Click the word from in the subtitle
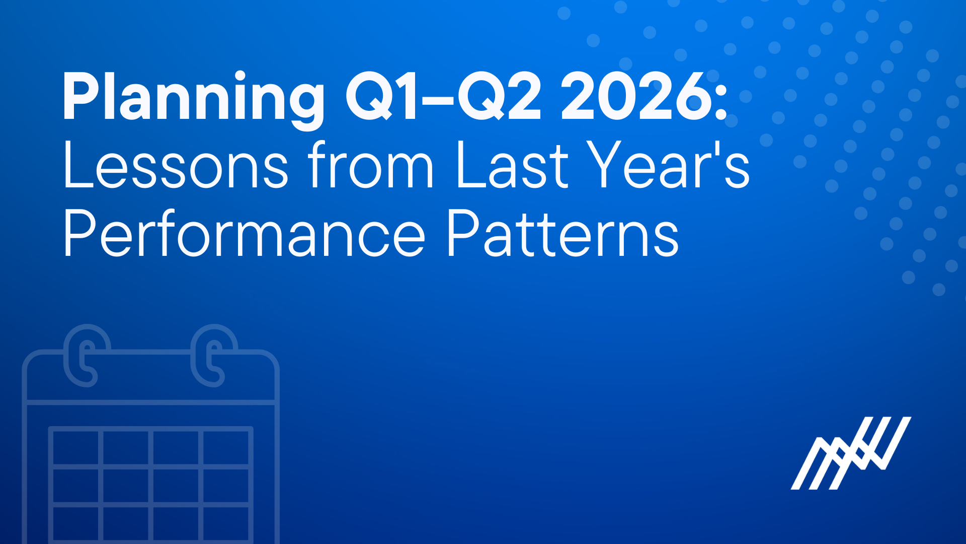[x=370, y=165]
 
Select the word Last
[x=512, y=165]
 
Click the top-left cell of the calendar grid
[x=76, y=448]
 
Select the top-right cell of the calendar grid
[x=226, y=448]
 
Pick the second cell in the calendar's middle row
[x=126, y=485]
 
